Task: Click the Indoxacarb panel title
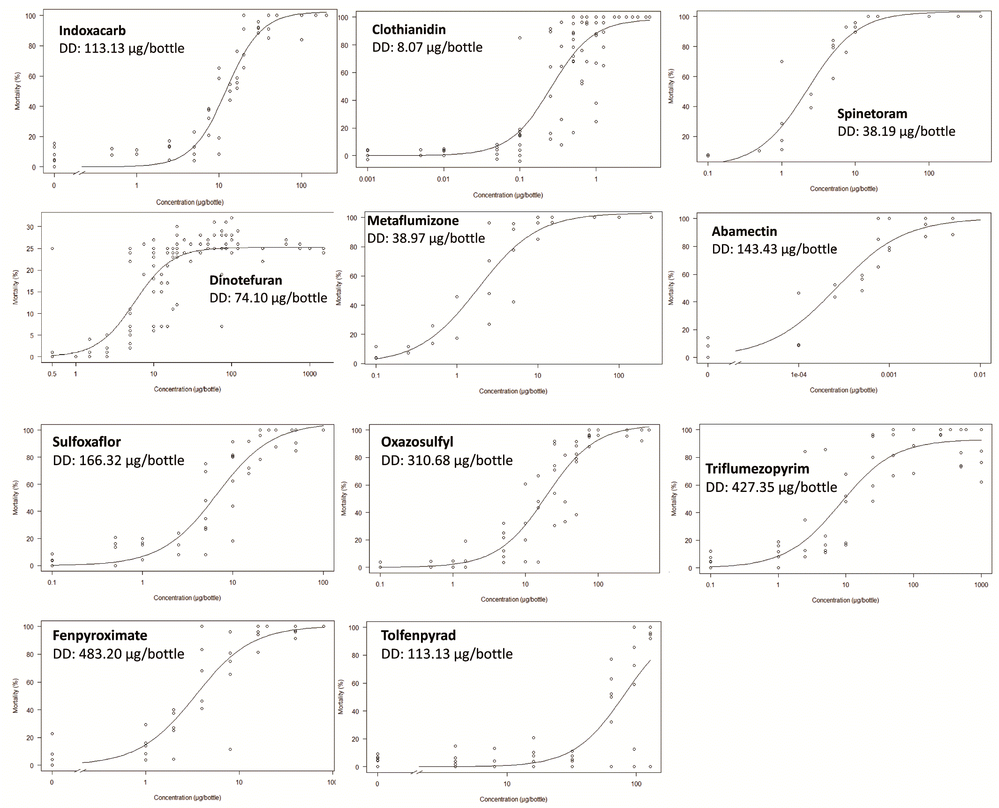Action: (x=92, y=31)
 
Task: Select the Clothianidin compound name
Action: (x=409, y=30)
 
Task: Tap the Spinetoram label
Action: (x=872, y=114)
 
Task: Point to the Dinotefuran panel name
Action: (x=246, y=280)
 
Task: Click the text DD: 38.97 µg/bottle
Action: (x=426, y=238)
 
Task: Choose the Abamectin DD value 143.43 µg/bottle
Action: (x=774, y=249)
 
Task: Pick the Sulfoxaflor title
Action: (x=87, y=442)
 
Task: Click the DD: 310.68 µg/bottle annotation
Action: (x=447, y=461)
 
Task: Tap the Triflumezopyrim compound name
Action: (x=757, y=469)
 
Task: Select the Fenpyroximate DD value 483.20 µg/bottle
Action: (x=119, y=654)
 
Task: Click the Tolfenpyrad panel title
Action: (x=418, y=635)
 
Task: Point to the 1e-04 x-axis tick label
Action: (x=798, y=375)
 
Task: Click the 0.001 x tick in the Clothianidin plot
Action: (x=367, y=179)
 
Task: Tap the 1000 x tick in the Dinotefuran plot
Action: (x=309, y=374)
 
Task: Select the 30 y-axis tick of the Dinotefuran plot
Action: (x=30, y=227)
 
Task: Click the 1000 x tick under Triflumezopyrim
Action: (x=981, y=585)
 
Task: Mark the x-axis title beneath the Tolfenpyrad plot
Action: (x=513, y=799)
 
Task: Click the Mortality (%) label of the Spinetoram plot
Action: (x=671, y=86)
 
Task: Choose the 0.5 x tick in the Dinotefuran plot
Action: (x=52, y=374)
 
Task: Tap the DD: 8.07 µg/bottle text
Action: (x=427, y=47)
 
